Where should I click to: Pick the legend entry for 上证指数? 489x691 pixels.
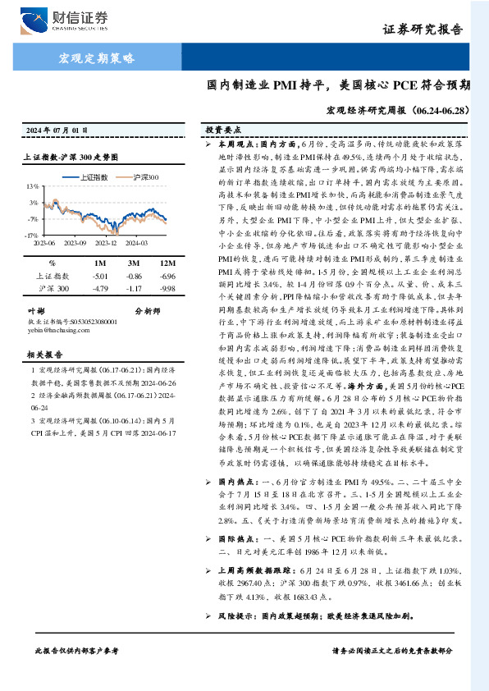[97, 176]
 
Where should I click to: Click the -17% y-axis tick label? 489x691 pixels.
[30, 236]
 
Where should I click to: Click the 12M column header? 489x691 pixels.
[168, 263]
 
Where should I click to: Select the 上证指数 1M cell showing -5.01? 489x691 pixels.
[101, 276]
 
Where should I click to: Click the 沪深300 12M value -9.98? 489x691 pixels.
[168, 289]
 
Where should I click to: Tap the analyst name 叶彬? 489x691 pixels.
[36, 311]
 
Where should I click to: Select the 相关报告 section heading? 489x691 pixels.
[40, 355]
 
